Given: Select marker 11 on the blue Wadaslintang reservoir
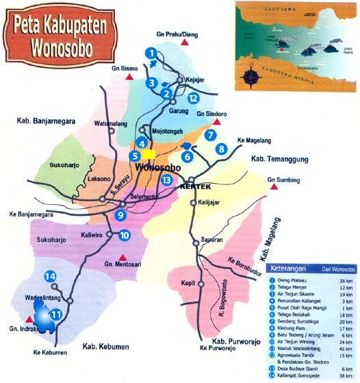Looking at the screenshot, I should point(57,314).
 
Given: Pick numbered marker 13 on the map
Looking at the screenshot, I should point(166,180).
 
